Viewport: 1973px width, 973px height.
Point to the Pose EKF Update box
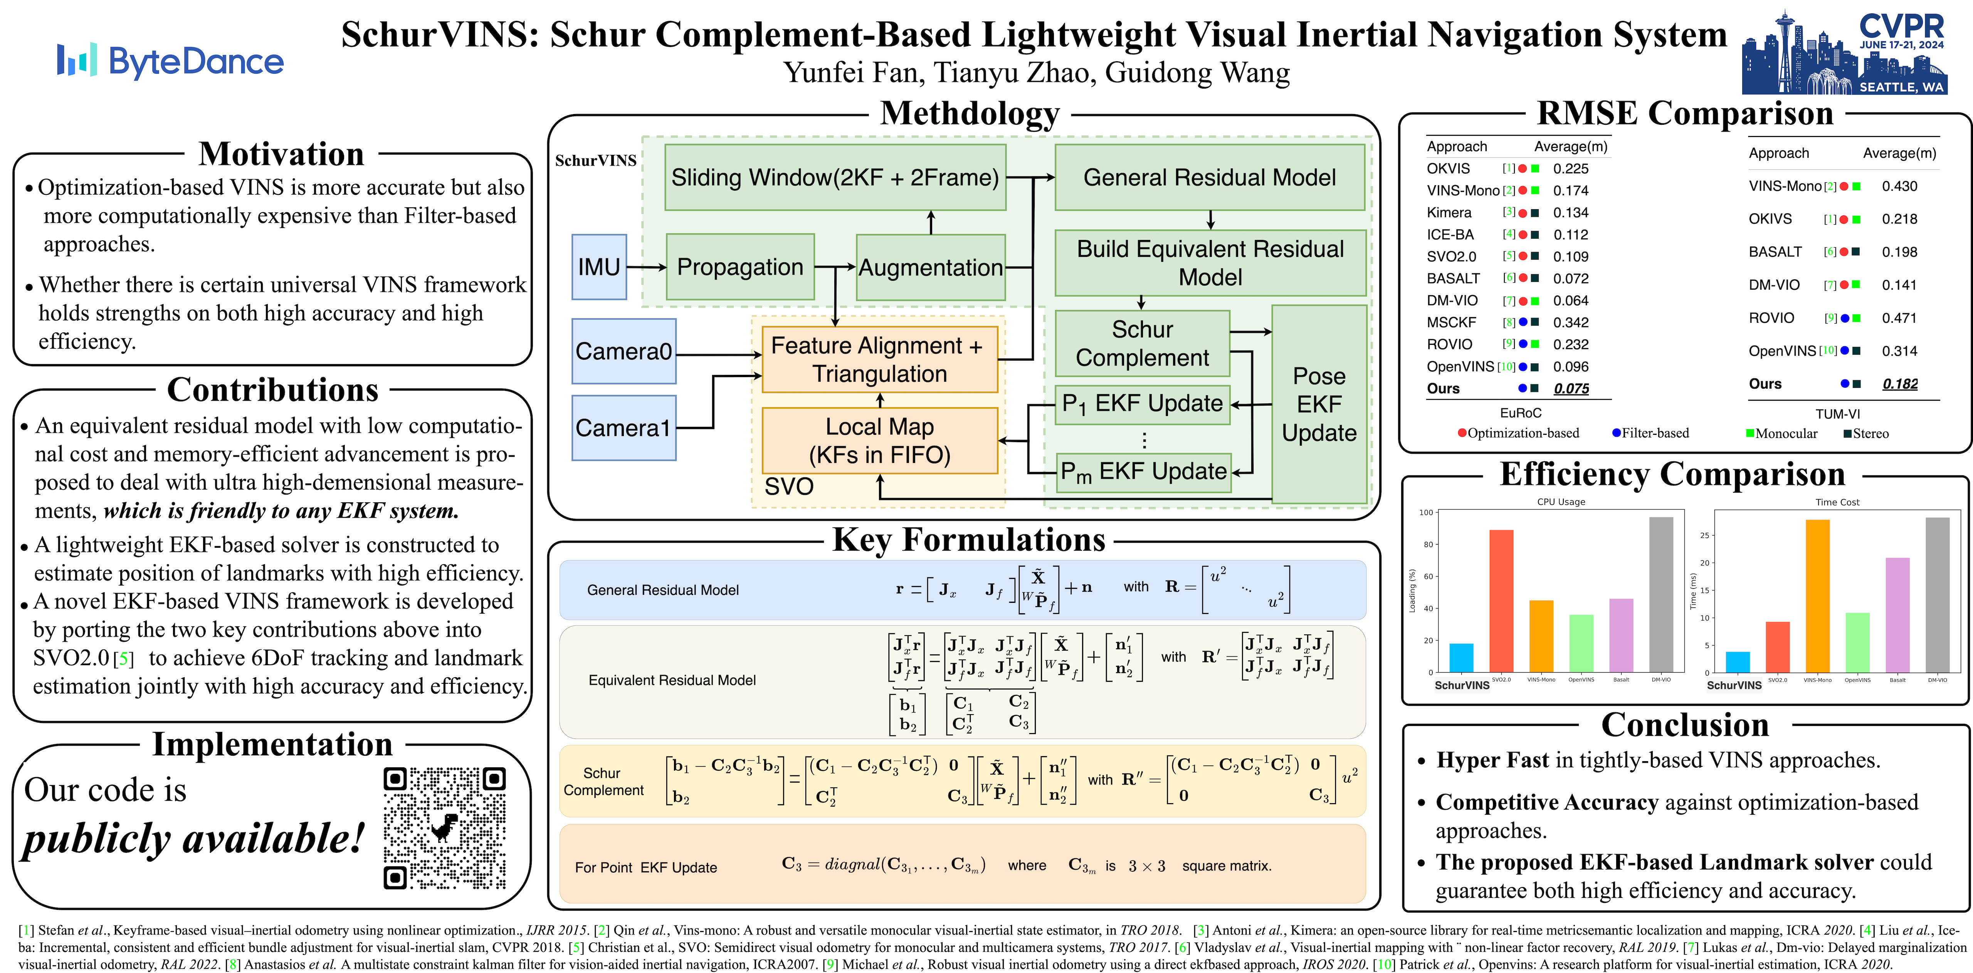coord(1319,404)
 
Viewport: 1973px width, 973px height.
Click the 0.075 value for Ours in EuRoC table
coord(1571,389)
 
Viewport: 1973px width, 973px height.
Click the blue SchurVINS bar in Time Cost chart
coord(1737,662)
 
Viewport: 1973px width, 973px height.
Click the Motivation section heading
coord(281,154)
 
